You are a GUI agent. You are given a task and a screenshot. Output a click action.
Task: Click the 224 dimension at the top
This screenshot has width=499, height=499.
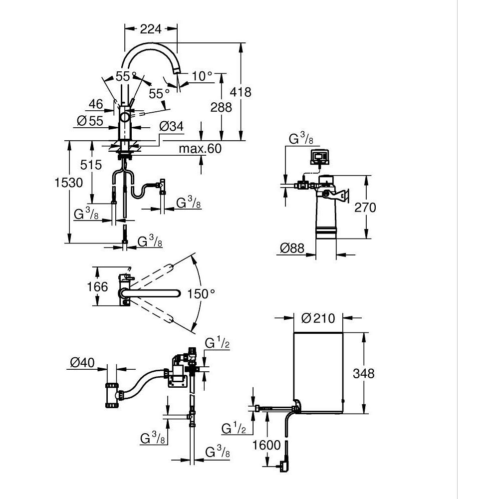[150, 29]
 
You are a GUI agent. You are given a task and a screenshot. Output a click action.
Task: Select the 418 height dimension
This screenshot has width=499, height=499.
[241, 92]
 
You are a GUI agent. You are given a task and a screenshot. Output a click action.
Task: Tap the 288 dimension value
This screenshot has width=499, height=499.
[222, 107]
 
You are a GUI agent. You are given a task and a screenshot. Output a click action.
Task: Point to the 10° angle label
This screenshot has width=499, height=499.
[202, 76]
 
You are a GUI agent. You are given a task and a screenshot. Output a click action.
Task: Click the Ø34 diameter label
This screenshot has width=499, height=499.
[172, 127]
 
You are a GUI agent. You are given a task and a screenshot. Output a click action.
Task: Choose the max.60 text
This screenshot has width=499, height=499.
[200, 149]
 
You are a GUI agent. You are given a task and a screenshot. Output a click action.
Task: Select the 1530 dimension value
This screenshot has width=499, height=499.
[69, 183]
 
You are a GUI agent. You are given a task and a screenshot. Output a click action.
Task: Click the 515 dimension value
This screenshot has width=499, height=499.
[92, 164]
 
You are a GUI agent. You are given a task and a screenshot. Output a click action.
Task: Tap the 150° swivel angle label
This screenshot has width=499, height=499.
[201, 293]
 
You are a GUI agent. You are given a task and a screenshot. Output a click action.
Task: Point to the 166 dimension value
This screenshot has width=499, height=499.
[97, 286]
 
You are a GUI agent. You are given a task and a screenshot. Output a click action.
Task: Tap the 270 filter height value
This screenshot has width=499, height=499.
[365, 207]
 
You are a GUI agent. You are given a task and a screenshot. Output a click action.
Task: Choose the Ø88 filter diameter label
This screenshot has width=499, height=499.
[292, 248]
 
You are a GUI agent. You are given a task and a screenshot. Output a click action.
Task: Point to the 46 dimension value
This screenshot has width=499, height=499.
[96, 104]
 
